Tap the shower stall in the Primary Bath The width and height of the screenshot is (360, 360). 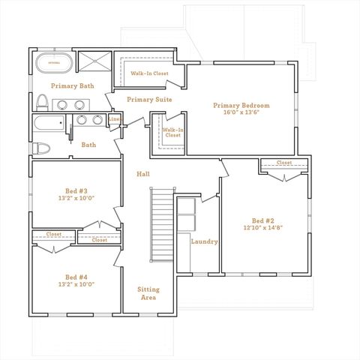point(94,61)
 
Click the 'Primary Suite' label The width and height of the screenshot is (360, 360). point(149,100)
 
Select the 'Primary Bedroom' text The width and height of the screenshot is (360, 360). point(241,106)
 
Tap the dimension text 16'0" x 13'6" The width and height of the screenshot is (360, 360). point(241,114)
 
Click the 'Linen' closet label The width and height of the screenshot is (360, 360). point(115,119)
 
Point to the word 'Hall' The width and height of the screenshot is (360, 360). point(143,174)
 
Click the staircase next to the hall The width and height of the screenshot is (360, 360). point(161,225)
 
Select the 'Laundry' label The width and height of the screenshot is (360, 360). point(204,241)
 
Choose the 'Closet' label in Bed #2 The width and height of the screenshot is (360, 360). point(283,163)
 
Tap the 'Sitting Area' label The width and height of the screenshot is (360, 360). point(148,293)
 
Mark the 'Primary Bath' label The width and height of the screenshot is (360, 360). point(73,86)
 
